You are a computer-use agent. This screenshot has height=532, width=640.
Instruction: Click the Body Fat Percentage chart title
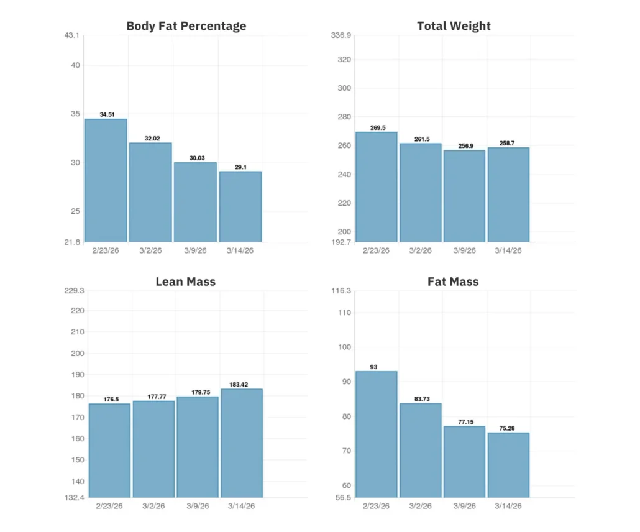coord(186,26)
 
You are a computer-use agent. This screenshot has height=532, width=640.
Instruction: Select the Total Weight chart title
coord(454,26)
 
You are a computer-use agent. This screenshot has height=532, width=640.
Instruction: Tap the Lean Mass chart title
coord(185,282)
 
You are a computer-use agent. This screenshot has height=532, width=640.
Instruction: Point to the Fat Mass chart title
coord(453,282)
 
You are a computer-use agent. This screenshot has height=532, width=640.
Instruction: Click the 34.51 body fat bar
coord(106,180)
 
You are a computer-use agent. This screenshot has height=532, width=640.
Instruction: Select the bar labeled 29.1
coord(240,206)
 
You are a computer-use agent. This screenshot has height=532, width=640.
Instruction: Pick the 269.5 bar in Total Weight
coord(376,186)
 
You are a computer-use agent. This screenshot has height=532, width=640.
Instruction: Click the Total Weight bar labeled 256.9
coord(464,196)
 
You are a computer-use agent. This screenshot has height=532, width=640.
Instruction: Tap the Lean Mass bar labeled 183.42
coord(242,443)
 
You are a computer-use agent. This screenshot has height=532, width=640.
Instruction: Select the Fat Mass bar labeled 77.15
coord(464,461)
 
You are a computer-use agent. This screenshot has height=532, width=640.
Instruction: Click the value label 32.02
coord(150,139)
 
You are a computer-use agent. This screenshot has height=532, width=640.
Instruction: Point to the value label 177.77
coord(153,397)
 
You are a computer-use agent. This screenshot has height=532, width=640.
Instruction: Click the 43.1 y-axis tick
coord(73,35)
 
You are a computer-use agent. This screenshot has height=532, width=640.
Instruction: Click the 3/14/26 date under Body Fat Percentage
coord(240,250)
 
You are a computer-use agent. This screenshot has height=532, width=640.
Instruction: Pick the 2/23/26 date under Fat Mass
coord(376,506)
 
